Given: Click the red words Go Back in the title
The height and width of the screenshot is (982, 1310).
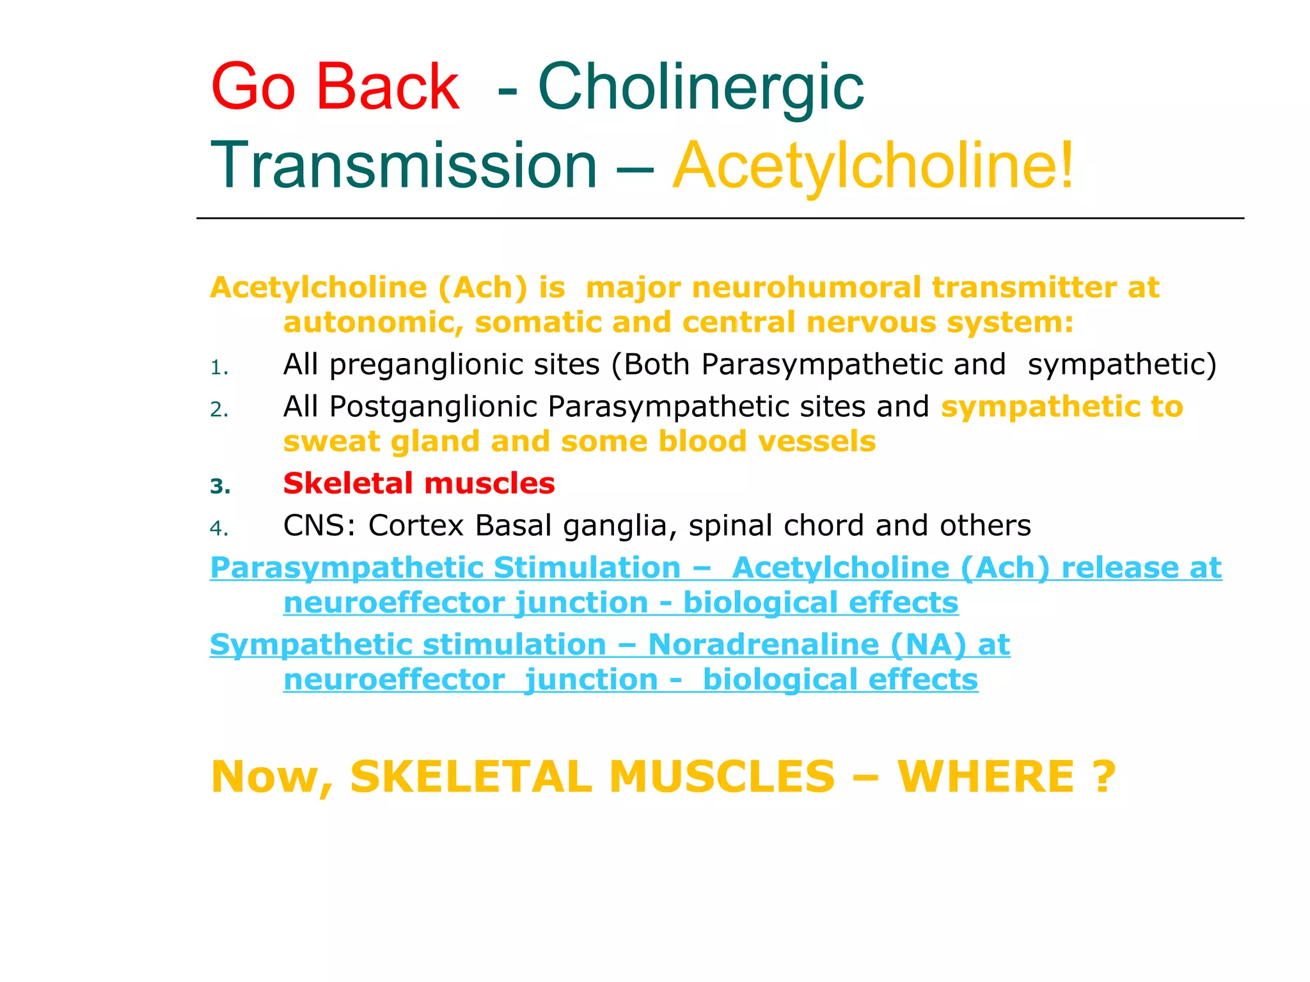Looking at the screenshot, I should pos(335,87).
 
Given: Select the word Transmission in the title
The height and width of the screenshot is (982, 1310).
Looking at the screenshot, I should pos(404,166).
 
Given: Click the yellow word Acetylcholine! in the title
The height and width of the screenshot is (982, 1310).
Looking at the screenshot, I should pos(874,166).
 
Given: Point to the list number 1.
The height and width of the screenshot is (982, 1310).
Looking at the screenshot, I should pos(219,368).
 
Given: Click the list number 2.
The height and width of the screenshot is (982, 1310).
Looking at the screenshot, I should pos(219,410).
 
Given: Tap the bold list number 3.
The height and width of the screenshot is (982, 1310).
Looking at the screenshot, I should pos(219,487).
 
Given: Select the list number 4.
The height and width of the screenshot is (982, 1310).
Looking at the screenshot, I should pos(219,529).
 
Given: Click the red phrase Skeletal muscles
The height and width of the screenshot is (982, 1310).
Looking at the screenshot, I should pos(419,483).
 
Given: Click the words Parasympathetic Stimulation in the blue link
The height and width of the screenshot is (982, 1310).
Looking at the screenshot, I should pos(445,568).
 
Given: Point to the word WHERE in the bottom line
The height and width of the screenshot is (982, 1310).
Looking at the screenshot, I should pos(986,777).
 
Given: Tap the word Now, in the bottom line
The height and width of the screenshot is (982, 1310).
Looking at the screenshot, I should pos(272,777).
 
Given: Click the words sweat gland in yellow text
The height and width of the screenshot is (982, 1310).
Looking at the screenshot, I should pos(381,442).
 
